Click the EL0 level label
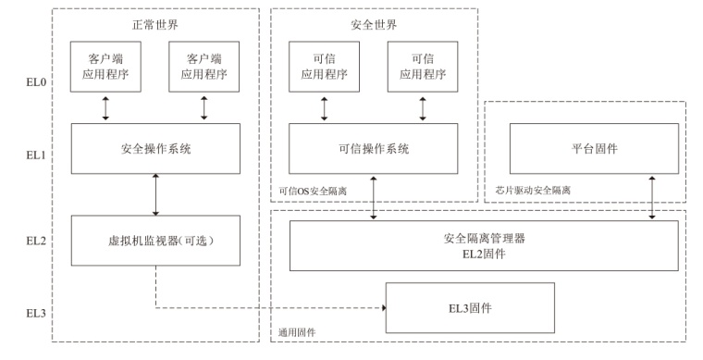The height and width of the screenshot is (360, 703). pos(36,82)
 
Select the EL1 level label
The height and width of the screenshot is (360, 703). pos(36,155)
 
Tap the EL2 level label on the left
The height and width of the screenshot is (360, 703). pos(36,241)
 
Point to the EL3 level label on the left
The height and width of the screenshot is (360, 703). pos(36,313)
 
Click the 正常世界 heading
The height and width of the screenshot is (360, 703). pos(155,24)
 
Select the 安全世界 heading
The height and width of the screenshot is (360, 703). pos(374,24)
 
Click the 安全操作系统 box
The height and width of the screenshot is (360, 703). pos(155,148)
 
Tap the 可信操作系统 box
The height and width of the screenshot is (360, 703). pos(373,148)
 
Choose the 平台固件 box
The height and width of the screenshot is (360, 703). pos(594,148)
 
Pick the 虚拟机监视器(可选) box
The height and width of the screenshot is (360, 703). pos(155,241)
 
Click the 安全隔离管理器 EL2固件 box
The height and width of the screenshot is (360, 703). pos(484,245)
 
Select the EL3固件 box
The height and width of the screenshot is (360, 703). pos(470,307)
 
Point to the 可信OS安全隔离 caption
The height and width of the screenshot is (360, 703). pos(313,191)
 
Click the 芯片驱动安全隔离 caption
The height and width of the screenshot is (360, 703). pos(533,190)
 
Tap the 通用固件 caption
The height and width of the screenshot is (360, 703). pos(296,332)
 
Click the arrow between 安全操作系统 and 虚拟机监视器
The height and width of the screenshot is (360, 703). pos(155,194)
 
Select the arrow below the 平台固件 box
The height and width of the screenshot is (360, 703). pos(652,197)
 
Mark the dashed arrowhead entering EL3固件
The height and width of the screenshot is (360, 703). pos(383,307)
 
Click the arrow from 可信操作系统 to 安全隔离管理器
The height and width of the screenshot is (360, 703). pos(373,198)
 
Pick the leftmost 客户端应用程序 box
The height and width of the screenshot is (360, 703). pos(105,67)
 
